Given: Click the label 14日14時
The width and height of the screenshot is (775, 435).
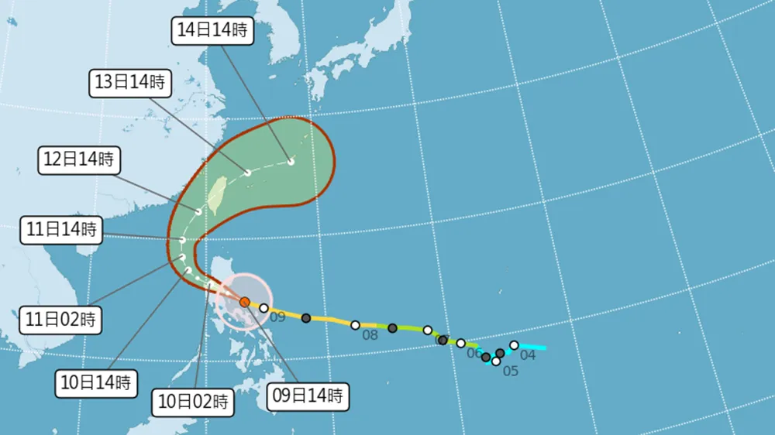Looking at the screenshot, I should click(212, 31).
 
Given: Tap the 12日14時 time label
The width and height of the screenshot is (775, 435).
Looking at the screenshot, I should click(77, 160).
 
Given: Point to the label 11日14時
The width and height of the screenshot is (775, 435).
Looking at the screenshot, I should click(60, 229).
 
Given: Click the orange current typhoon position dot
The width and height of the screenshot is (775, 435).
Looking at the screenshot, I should click(244, 302).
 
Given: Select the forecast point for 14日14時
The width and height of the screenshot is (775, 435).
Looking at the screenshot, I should click(291, 162).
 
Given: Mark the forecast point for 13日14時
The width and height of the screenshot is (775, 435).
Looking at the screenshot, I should click(248, 173).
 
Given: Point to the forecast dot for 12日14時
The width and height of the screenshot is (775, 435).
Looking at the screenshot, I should click(199, 211).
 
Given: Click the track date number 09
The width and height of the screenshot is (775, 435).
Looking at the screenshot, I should click(278, 317).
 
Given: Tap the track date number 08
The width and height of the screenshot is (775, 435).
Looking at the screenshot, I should click(370, 335).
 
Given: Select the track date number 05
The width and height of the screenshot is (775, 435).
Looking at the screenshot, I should click(510, 371).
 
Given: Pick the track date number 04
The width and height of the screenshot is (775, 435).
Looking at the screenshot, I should click(528, 355).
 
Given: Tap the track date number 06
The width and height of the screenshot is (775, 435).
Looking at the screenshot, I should click(474, 353).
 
